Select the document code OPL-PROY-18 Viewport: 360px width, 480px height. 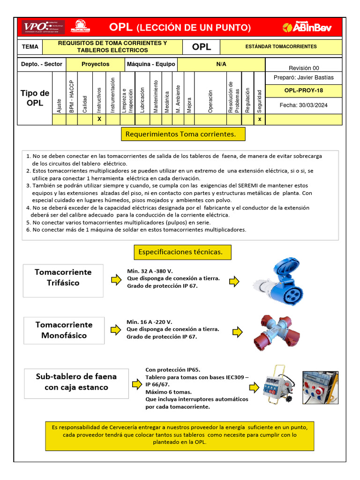303,90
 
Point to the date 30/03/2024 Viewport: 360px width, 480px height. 303,105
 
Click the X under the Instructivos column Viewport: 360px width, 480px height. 99,120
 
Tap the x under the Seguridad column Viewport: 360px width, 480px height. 259,120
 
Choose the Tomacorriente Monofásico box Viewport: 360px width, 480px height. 64,330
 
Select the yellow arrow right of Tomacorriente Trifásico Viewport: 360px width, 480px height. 115,280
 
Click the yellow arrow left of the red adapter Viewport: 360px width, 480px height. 237,332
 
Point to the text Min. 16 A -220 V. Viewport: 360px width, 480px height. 150,322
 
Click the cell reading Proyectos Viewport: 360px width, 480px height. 95,64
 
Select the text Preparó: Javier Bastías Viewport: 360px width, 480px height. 303,77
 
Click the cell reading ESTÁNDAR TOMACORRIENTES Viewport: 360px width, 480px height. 281,47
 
